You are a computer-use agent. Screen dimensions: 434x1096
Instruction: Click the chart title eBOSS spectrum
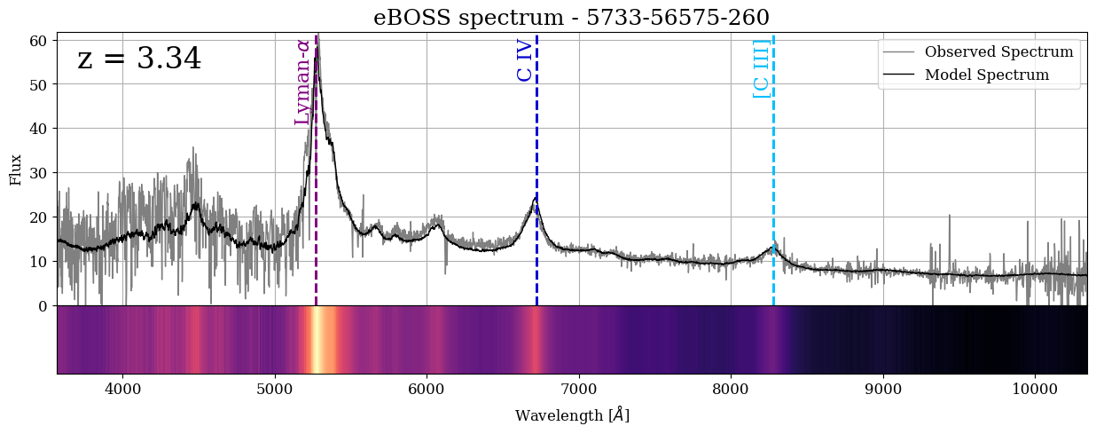click(x=571, y=17)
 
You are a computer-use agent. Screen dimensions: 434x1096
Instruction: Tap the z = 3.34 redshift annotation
click(x=139, y=59)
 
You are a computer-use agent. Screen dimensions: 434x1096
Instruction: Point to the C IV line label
click(x=525, y=60)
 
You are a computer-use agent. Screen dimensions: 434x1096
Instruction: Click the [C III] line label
click(x=761, y=68)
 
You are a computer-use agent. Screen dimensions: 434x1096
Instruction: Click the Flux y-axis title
click(x=15, y=169)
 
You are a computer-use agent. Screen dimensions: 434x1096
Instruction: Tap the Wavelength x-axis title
click(x=572, y=415)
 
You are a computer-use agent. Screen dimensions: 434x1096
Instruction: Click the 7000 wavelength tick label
click(x=579, y=388)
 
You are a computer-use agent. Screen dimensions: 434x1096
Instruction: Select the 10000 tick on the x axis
click(x=1035, y=388)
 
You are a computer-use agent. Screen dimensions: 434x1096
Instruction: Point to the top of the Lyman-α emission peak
click(x=317, y=37)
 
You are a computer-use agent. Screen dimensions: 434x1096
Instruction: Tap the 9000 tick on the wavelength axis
click(x=883, y=388)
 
